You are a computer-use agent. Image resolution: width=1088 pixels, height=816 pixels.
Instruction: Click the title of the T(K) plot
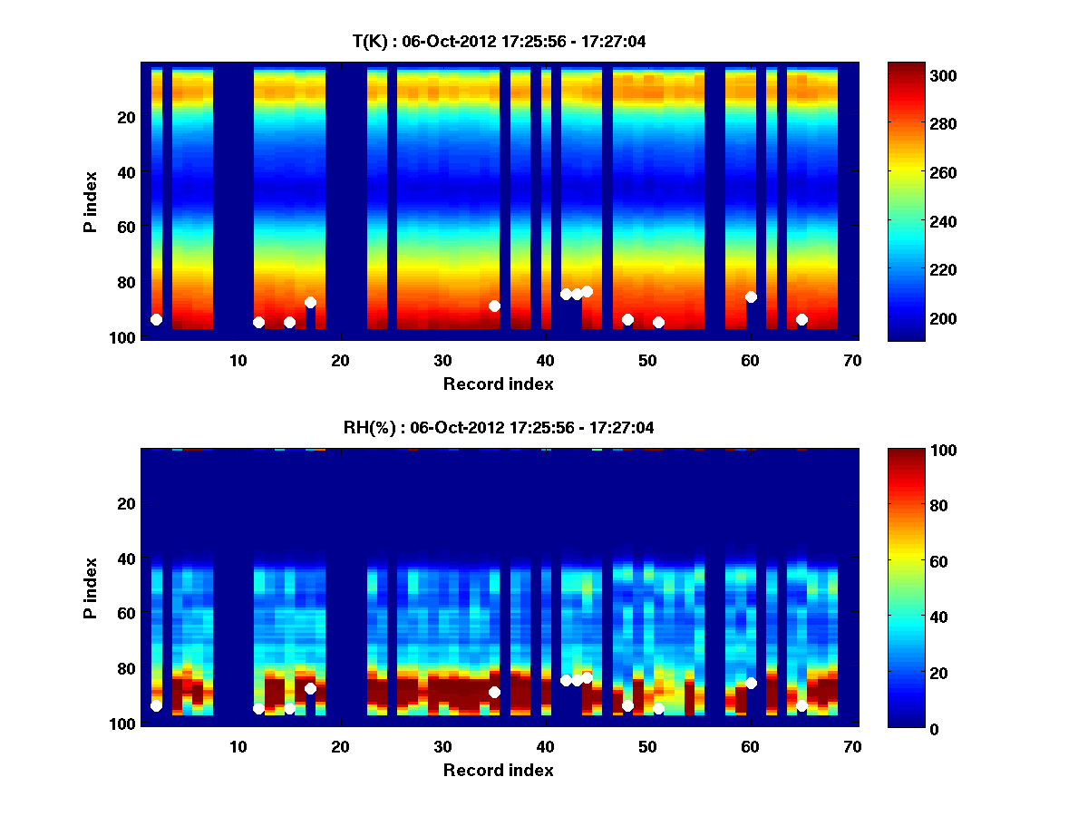[x=498, y=41]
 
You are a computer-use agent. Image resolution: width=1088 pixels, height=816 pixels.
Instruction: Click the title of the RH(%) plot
[x=498, y=427]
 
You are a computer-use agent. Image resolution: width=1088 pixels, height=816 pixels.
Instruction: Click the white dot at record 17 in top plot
[x=310, y=302]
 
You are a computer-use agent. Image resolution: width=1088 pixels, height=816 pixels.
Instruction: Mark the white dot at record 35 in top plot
[x=494, y=306]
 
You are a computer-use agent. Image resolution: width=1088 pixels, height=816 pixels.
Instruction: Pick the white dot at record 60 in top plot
[x=751, y=296]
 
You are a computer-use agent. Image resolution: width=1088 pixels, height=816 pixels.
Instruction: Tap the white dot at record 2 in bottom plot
[x=156, y=705]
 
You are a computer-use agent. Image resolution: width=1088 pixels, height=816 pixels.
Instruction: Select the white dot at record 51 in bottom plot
[x=658, y=708]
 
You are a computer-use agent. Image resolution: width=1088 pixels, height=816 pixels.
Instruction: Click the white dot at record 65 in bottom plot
[x=801, y=705]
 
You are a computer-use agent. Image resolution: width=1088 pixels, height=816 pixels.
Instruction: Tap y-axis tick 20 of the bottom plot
[x=128, y=503]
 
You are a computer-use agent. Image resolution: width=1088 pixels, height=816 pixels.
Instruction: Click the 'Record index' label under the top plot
[x=498, y=384]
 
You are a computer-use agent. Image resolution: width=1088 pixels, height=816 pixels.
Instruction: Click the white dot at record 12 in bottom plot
[x=258, y=708]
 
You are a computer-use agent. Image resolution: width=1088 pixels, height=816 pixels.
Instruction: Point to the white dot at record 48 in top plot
[x=627, y=319]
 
